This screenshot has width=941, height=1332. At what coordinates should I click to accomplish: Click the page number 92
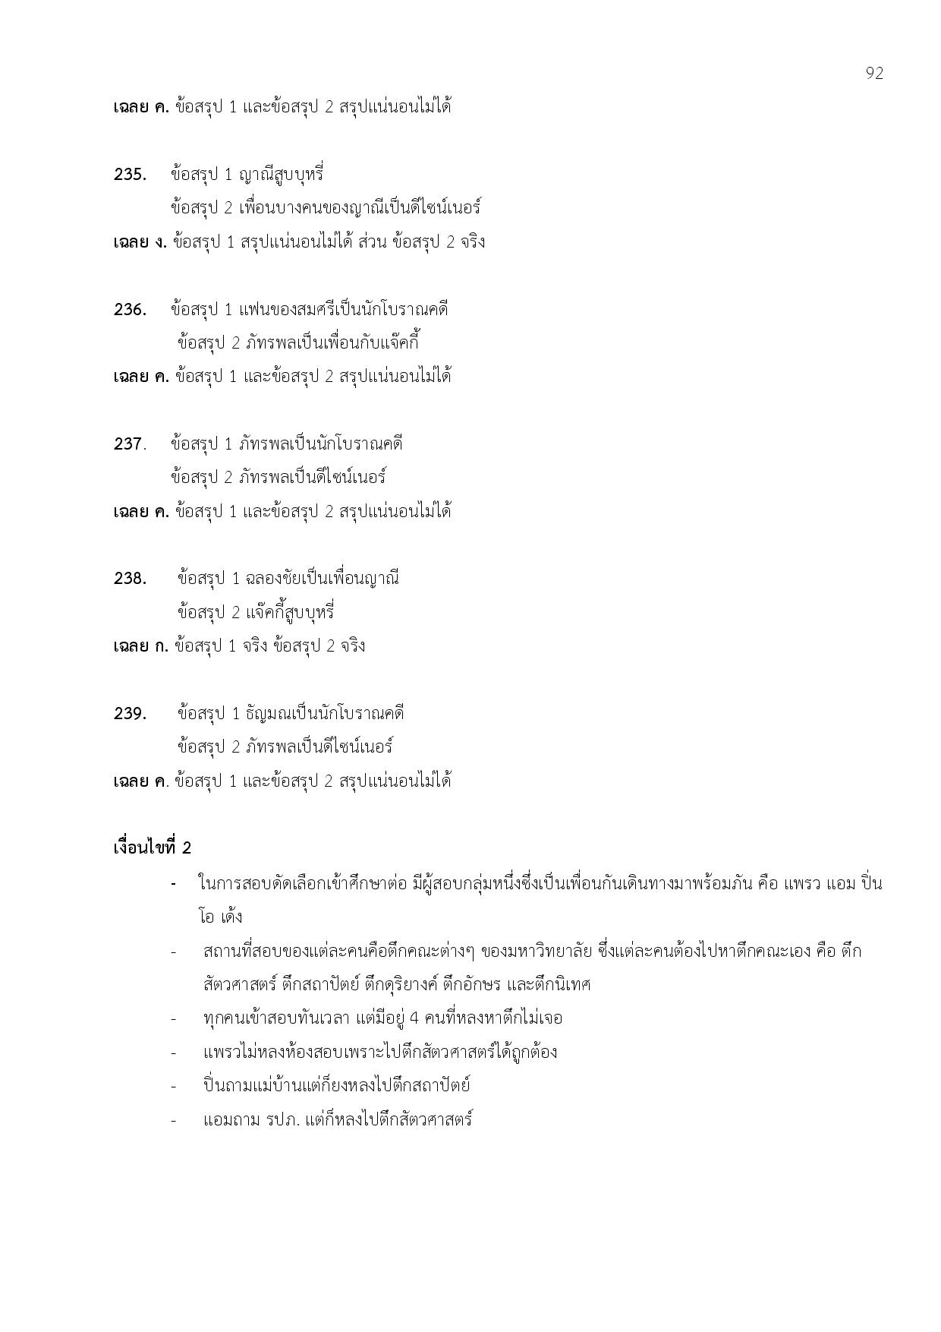pos(874,73)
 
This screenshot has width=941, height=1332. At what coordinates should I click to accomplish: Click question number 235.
pos(130,175)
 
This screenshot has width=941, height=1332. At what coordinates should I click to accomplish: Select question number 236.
pos(130,310)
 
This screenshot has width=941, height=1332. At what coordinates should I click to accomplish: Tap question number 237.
pos(130,443)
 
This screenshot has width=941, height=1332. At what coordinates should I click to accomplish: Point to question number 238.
pos(130,579)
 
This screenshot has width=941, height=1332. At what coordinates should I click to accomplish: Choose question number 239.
pos(130,714)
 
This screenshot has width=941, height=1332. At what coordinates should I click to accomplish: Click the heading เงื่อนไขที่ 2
pos(152,847)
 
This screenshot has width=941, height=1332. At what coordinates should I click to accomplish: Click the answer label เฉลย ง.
pos(140,242)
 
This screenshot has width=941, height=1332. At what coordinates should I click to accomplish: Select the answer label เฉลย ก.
pos(140,646)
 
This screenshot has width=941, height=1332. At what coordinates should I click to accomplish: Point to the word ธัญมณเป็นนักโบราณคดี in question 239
pos(326,714)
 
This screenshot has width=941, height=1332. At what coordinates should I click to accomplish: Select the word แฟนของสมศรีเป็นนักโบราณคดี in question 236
pos(344,310)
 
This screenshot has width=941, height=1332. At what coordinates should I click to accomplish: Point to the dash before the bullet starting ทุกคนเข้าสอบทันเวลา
pos(174,1018)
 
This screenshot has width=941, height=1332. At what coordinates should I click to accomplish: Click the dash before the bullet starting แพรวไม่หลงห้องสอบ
pos(174,1053)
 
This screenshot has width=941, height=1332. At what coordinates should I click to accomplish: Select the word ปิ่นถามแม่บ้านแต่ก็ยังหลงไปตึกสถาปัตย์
pos(337,1085)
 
